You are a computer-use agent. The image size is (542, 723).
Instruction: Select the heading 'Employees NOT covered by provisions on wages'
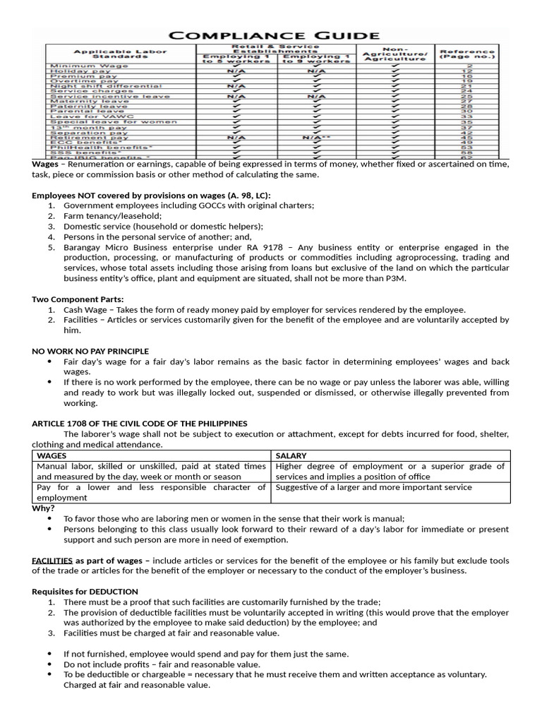150,195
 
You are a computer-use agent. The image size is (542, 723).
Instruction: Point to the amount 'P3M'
397,278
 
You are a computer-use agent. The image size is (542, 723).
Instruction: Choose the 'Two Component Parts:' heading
78,299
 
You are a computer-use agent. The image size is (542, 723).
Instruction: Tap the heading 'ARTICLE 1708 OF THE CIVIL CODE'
139,423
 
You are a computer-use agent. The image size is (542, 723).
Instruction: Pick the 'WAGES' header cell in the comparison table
51,455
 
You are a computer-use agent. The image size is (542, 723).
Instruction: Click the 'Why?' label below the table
43,508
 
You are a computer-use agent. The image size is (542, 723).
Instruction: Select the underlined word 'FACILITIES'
52,561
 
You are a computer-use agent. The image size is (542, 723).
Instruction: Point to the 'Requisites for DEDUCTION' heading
85,591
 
